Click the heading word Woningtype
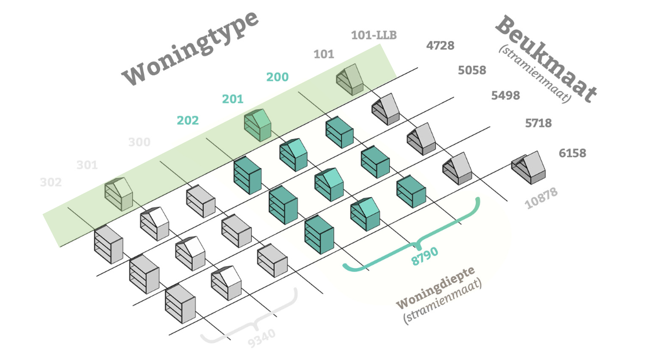191,48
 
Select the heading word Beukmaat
546,59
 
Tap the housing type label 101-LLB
374,35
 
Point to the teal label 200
277,77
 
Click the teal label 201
233,99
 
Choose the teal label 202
188,120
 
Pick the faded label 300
139,142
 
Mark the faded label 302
51,182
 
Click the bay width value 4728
440,45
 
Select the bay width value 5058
472,70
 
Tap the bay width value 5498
506,95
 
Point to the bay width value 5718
538,123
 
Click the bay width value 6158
573,153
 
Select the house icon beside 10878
528,166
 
